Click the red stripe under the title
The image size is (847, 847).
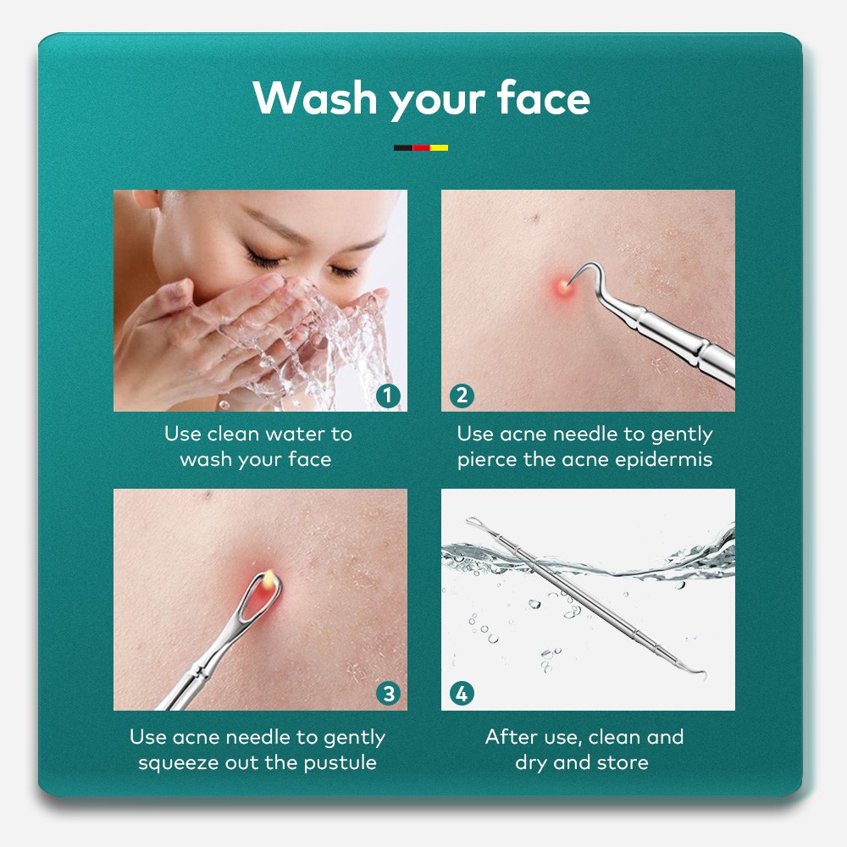(421, 147)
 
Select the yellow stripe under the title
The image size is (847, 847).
(439, 147)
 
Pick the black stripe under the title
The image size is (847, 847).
(403, 147)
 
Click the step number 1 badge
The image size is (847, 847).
(389, 396)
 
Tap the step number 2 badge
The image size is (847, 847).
(462, 396)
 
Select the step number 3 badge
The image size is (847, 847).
(389, 694)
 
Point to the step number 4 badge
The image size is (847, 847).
(462, 694)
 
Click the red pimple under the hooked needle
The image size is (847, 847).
(563, 286)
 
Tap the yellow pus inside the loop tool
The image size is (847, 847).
(269, 579)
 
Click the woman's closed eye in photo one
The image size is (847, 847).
(263, 258)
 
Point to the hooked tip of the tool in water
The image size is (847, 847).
(700, 673)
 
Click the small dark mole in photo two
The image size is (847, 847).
(535, 219)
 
